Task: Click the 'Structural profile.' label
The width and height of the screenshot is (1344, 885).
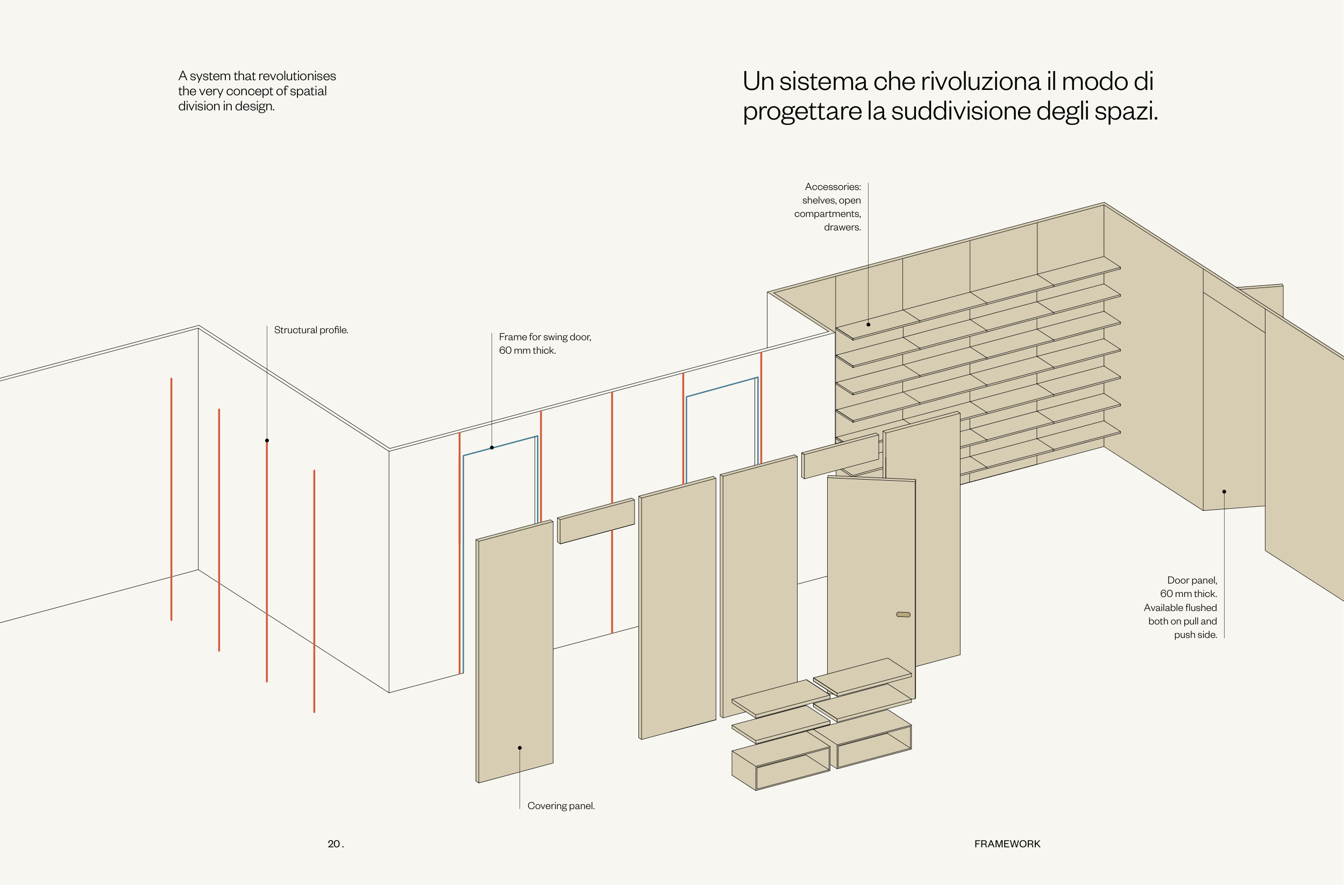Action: pyautogui.click(x=311, y=330)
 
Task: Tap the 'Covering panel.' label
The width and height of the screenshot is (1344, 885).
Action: pyautogui.click(x=561, y=806)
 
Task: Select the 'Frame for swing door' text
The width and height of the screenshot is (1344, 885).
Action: pyautogui.click(x=544, y=337)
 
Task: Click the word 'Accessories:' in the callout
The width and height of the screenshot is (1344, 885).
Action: pyautogui.click(x=833, y=187)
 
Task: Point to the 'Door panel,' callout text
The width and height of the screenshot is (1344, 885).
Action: pyautogui.click(x=1192, y=580)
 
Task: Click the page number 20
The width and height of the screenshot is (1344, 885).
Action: pyautogui.click(x=334, y=844)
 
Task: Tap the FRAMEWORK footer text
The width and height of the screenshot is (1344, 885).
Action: pyautogui.click(x=1007, y=844)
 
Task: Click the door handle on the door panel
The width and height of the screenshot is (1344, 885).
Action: pyautogui.click(x=903, y=614)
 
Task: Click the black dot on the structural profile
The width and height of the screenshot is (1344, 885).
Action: pyautogui.click(x=267, y=440)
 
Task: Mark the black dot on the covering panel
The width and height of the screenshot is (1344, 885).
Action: pyautogui.click(x=520, y=748)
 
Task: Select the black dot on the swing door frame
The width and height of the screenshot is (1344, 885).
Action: pyautogui.click(x=492, y=447)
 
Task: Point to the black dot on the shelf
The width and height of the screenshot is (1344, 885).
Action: pyautogui.click(x=868, y=325)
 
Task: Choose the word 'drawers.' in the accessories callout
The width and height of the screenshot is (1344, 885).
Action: pyautogui.click(x=842, y=228)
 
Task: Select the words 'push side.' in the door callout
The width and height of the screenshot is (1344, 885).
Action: pyautogui.click(x=1195, y=635)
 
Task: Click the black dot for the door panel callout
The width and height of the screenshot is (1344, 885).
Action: pyautogui.click(x=1224, y=491)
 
